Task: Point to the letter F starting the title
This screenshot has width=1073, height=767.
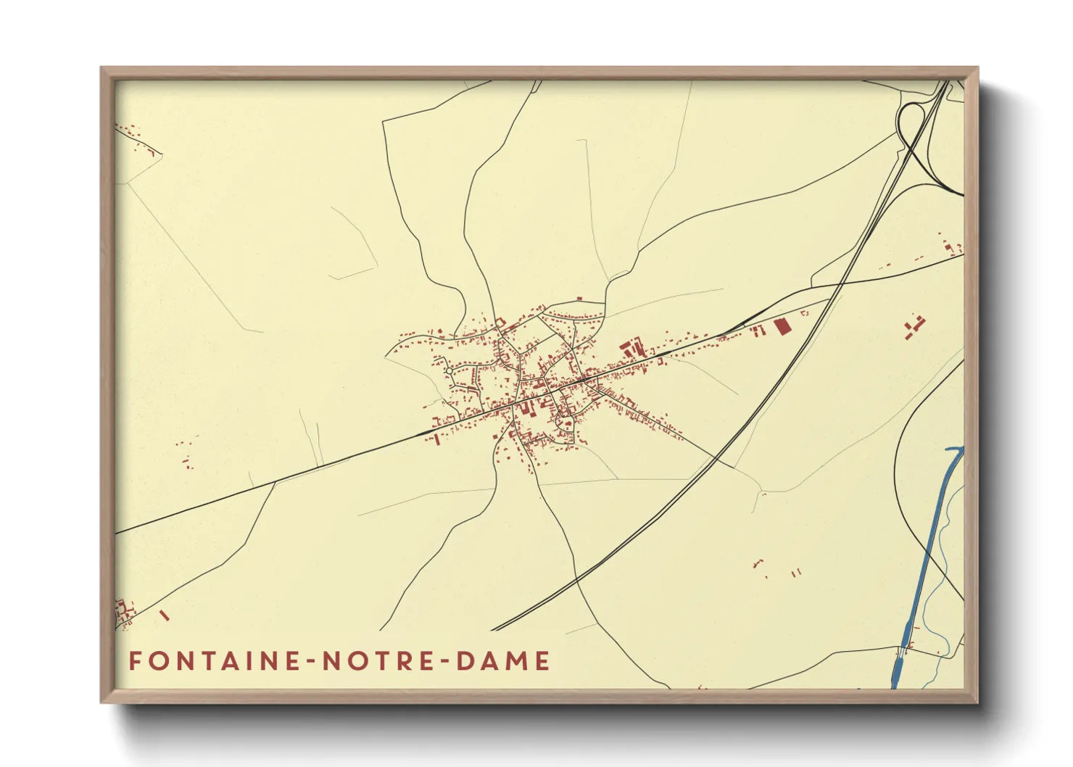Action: point(135,661)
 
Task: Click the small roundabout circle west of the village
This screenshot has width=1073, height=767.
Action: point(449,371)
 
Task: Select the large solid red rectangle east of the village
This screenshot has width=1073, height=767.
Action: point(781,326)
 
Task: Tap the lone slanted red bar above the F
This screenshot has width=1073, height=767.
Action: point(164,615)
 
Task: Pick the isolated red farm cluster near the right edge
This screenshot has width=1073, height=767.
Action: point(915,326)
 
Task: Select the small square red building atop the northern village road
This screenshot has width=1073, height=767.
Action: point(579,298)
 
